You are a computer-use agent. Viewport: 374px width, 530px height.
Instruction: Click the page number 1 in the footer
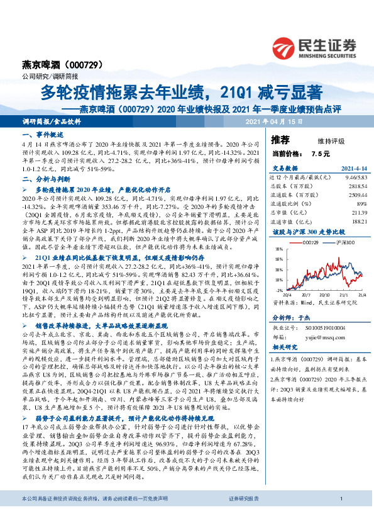point(340,517)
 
